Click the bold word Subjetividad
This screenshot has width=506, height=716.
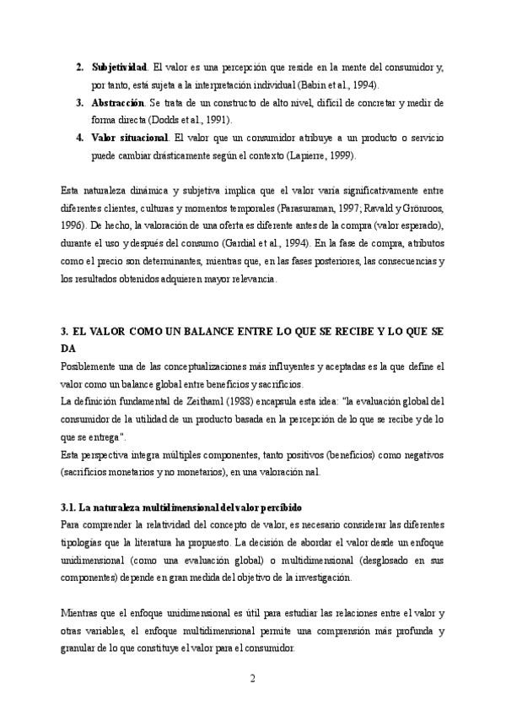coord(119,67)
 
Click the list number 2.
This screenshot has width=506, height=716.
coord(78,67)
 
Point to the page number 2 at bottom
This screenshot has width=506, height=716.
coord(252,679)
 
